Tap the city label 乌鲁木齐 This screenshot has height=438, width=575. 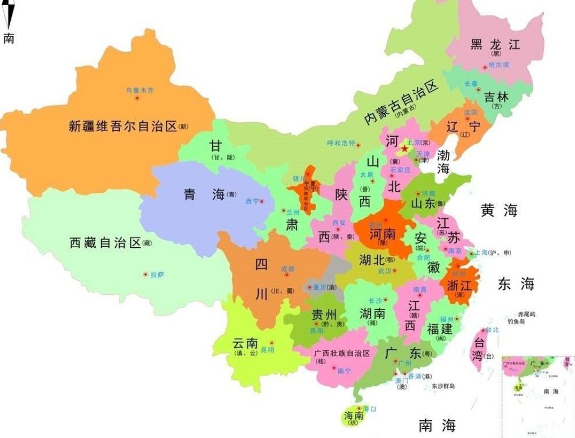[x=139, y=91]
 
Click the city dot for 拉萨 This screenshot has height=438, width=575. [x=145, y=274]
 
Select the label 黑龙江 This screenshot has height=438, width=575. [x=495, y=44]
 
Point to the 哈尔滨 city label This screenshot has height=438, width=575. [x=499, y=65]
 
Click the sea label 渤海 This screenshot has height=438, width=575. [x=443, y=162]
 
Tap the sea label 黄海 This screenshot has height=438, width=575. [x=499, y=211]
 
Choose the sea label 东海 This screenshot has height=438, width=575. [x=515, y=284]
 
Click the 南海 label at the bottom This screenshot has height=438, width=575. [x=437, y=426]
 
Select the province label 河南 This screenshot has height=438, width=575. [x=383, y=234]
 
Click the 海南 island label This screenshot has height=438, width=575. [x=354, y=416]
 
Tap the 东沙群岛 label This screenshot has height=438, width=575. [x=443, y=386]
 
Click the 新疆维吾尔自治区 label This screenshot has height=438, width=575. [x=123, y=127]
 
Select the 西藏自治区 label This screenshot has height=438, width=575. [x=105, y=242]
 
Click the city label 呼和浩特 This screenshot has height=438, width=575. [x=341, y=143]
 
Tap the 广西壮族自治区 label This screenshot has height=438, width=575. [x=342, y=353]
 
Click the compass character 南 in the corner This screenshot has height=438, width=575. [x=9, y=38]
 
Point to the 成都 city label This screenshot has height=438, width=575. [x=288, y=268]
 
